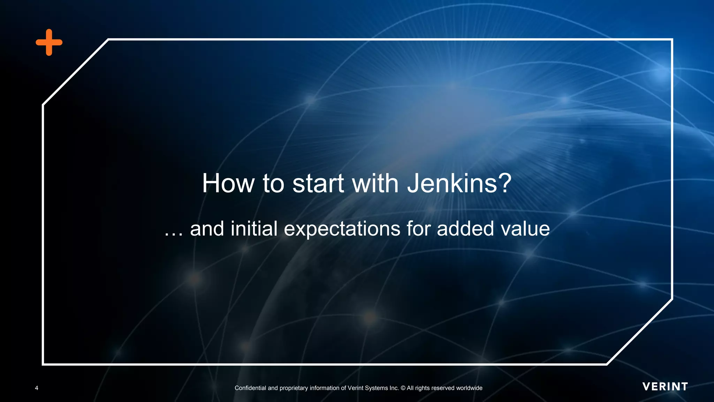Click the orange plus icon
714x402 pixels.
point(49,42)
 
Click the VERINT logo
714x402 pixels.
point(665,387)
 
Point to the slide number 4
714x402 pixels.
point(37,388)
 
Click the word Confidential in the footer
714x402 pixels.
point(250,388)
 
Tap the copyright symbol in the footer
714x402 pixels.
point(403,388)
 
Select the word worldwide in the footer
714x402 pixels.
point(469,388)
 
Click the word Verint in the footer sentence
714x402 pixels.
point(356,388)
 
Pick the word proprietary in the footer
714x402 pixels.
point(294,388)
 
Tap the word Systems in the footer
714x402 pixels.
point(377,388)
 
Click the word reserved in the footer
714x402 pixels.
point(443,388)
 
